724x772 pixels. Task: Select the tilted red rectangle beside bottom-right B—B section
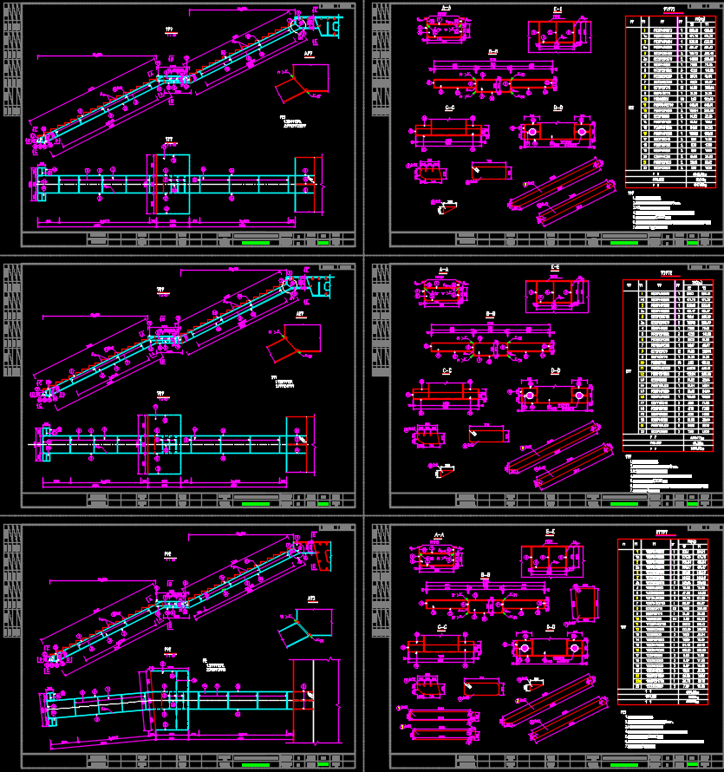584,601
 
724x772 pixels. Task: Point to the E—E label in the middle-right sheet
554,267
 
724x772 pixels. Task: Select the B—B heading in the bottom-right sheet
486,574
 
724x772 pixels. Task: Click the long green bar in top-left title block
257,243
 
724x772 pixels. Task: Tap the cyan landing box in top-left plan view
171,183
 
